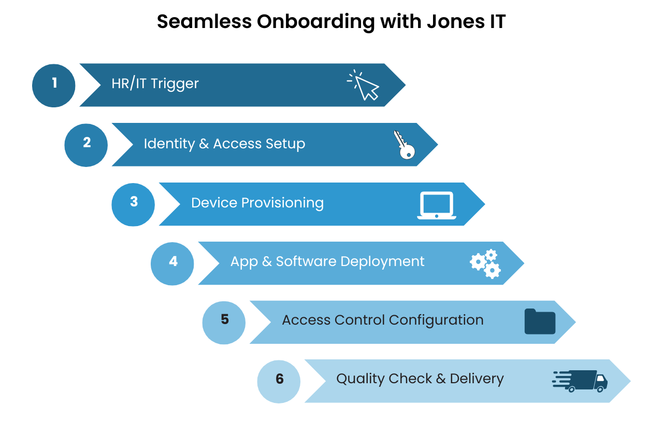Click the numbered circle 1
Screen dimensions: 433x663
tap(54, 85)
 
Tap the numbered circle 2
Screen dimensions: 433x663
tap(86, 145)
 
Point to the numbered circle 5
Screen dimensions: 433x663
tap(224, 322)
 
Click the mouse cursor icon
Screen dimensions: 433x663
tap(364, 85)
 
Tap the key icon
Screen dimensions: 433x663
tap(403, 145)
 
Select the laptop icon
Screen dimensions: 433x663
tap(436, 205)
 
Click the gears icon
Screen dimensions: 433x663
tap(485, 263)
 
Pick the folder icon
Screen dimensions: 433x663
tap(540, 322)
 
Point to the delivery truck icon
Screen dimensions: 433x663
tap(580, 381)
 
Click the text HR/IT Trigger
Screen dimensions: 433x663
tap(155, 83)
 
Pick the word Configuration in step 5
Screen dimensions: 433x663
tap(436, 320)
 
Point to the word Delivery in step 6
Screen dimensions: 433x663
tap(477, 379)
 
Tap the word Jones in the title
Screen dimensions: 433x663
tap(451, 22)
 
